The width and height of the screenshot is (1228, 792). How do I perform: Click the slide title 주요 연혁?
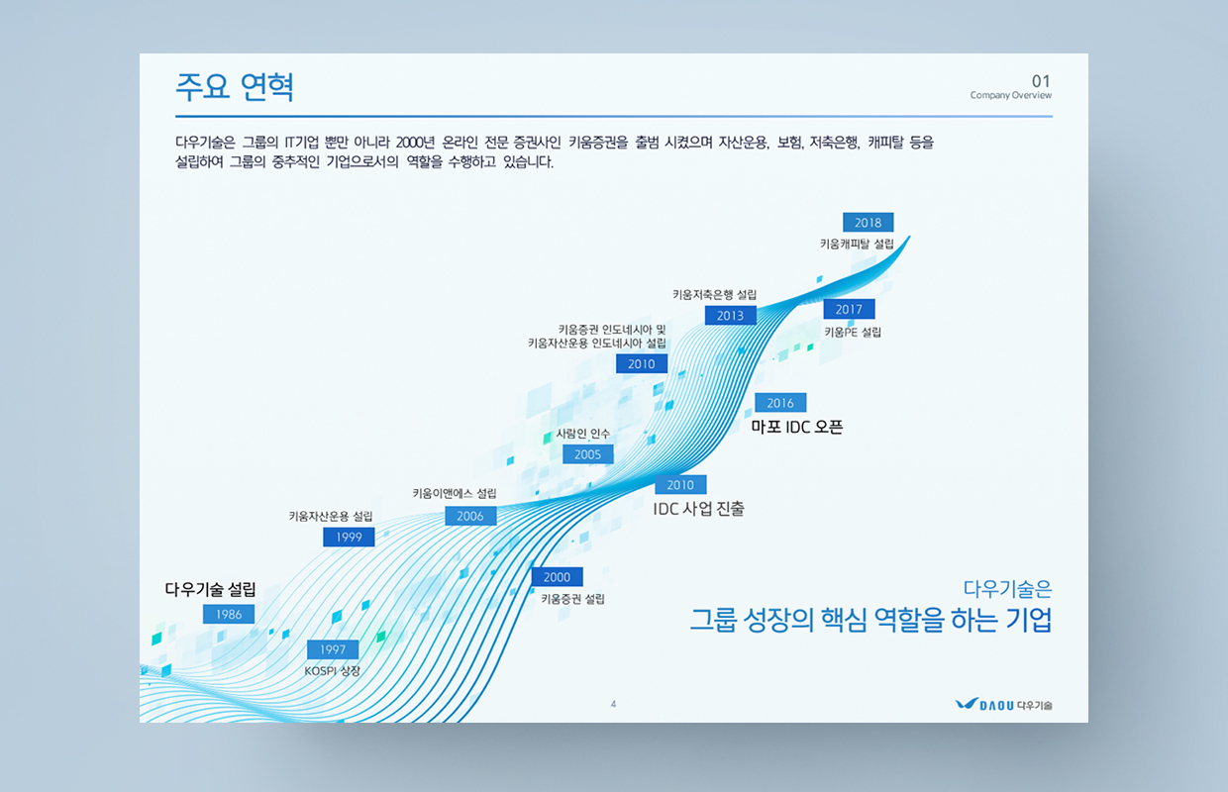pyautogui.click(x=235, y=86)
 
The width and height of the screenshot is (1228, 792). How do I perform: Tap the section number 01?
pyautogui.click(x=1041, y=81)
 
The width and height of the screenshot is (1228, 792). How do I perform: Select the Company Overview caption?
pyautogui.click(x=1011, y=95)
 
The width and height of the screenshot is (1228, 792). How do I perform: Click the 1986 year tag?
pyautogui.click(x=229, y=614)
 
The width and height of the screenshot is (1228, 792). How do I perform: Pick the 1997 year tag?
pyautogui.click(x=333, y=649)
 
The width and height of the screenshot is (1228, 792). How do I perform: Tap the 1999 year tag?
pyautogui.click(x=349, y=538)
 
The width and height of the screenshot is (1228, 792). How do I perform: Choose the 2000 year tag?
pyautogui.click(x=557, y=576)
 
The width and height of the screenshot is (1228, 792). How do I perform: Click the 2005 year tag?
pyautogui.click(x=587, y=454)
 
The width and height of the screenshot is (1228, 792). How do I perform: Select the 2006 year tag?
pyautogui.click(x=470, y=516)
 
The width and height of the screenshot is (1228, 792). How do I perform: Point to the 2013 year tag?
pyautogui.click(x=730, y=315)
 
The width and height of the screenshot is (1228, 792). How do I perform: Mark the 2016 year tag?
pyautogui.click(x=780, y=403)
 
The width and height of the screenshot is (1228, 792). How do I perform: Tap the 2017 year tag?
pyautogui.click(x=849, y=309)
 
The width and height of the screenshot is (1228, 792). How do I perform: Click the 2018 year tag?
pyautogui.click(x=869, y=222)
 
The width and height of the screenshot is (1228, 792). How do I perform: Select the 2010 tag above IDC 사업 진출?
pyautogui.click(x=681, y=484)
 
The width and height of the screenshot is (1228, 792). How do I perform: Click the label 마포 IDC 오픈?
pyautogui.click(x=796, y=427)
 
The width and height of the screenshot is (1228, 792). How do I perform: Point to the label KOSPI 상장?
pyautogui.click(x=332, y=671)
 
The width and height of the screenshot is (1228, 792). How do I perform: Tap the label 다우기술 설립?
pyautogui.click(x=211, y=589)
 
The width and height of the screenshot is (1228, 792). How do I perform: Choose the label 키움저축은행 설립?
pyautogui.click(x=715, y=295)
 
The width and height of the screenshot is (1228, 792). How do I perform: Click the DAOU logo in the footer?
pyautogui.click(x=1004, y=704)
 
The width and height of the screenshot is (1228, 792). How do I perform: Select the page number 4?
pyautogui.click(x=613, y=704)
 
